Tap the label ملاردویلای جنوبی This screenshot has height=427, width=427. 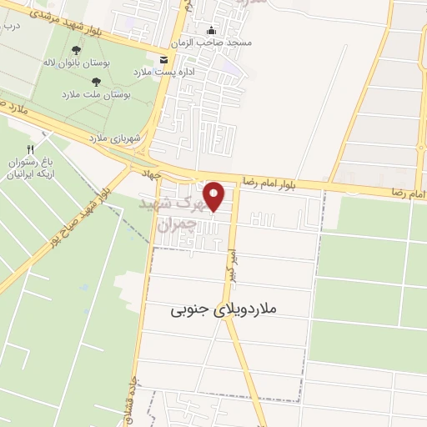point(224,309)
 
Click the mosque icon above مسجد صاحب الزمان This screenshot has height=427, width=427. point(208,31)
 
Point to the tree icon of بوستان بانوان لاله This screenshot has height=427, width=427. point(77,50)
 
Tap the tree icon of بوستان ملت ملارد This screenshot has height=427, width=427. point(95,82)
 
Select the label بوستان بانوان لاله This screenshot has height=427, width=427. point(76,63)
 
